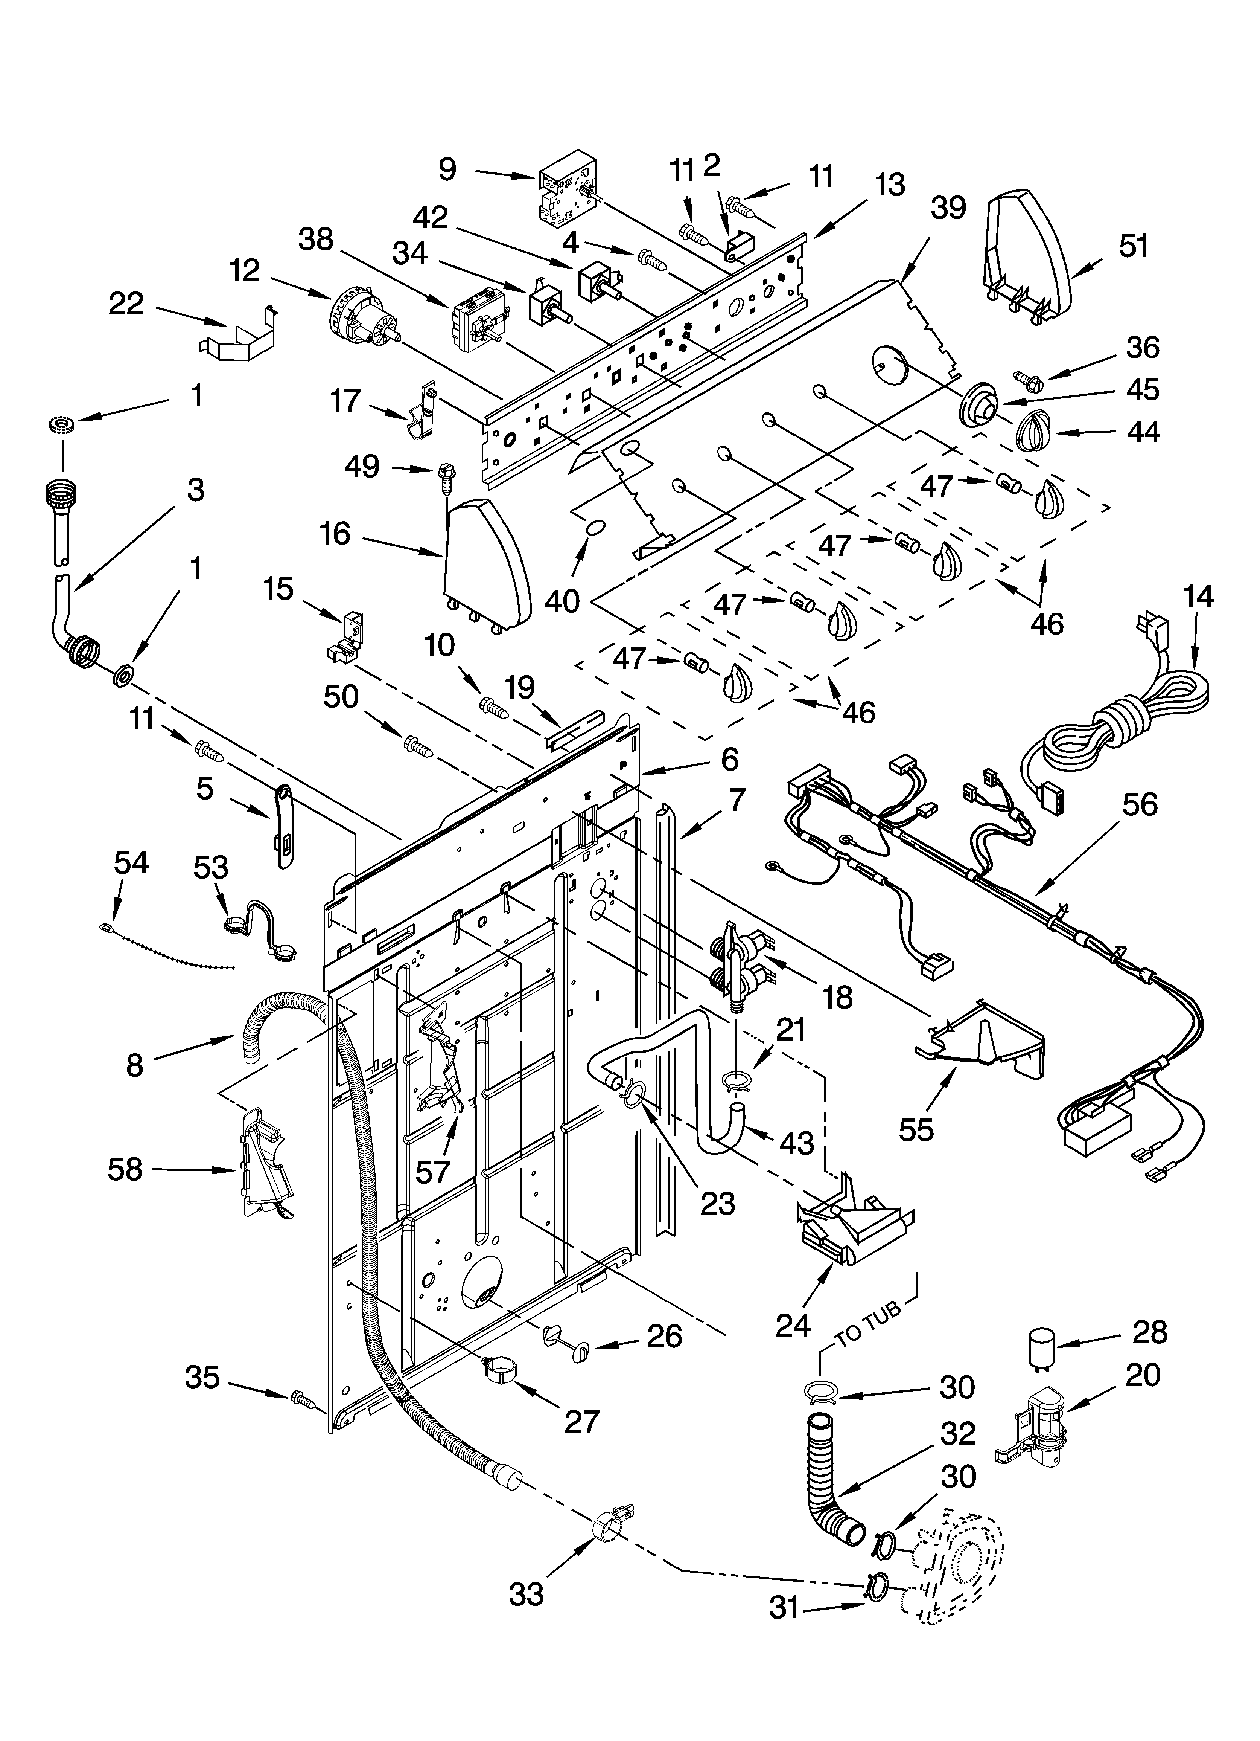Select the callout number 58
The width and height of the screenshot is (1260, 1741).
pyautogui.click(x=125, y=1170)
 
